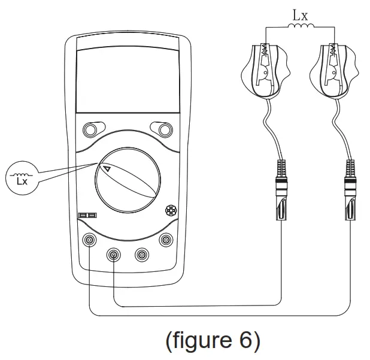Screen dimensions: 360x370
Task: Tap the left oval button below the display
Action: click(x=91, y=129)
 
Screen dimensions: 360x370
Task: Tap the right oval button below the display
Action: click(x=162, y=129)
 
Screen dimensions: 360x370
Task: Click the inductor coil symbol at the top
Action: click(x=299, y=26)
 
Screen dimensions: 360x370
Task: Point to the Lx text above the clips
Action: click(x=299, y=12)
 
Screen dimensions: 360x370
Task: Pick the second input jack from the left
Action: click(x=114, y=255)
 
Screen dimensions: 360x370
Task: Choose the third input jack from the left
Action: click(x=142, y=255)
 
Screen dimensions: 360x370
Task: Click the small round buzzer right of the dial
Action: click(x=171, y=210)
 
